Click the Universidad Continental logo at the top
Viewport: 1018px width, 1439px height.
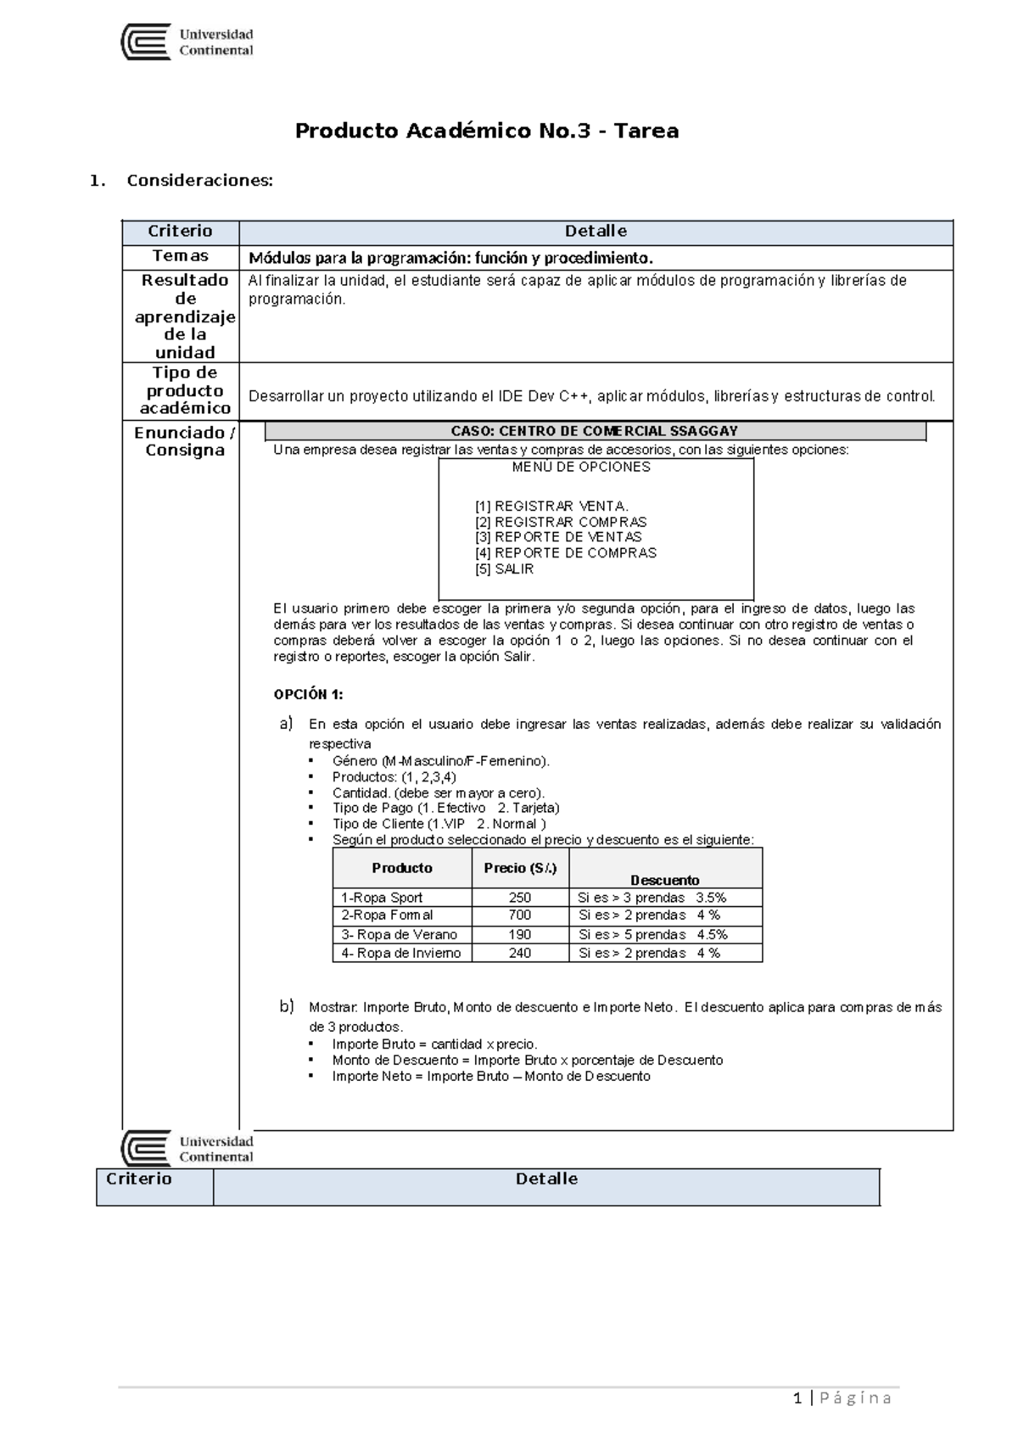click(187, 42)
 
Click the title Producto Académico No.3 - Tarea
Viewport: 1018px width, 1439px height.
click(486, 131)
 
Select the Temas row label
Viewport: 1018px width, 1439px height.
click(180, 256)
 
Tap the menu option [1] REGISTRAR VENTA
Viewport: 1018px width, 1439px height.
click(551, 506)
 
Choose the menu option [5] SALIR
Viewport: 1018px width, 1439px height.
click(504, 569)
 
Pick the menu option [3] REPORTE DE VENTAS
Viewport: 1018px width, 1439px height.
click(558, 537)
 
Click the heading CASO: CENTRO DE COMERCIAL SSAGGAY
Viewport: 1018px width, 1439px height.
click(594, 431)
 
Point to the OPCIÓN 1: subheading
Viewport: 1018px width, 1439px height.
click(308, 694)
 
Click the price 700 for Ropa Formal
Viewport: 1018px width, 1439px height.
click(520, 915)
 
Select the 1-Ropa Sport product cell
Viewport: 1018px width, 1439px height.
click(382, 898)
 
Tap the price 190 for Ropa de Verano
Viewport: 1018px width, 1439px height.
click(520, 934)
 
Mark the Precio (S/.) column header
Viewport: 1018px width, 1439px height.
click(520, 868)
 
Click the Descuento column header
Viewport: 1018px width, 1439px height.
click(664, 880)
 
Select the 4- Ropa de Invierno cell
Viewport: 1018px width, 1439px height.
click(400, 953)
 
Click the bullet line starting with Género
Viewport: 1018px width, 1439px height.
click(440, 761)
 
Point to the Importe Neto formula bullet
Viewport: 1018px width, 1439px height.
click(490, 1076)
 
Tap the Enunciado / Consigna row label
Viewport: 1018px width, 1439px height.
click(184, 441)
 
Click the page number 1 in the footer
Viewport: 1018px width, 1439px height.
click(797, 1398)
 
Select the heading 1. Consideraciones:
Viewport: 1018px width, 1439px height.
click(182, 180)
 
